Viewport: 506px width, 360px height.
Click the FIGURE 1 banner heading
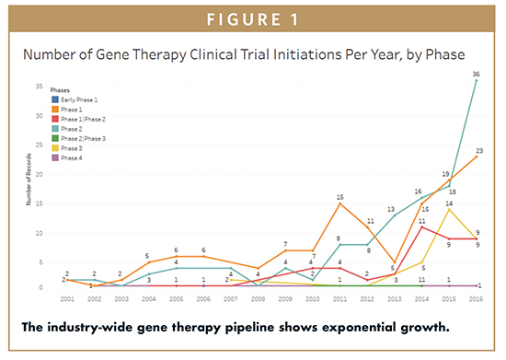pyautogui.click(x=253, y=17)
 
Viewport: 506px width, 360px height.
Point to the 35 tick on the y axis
pyautogui.click(x=40, y=87)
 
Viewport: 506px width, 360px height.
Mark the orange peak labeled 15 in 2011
pyautogui.click(x=340, y=197)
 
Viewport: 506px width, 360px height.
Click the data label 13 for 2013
pyautogui.click(x=393, y=209)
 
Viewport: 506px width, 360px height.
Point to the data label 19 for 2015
pyautogui.click(x=446, y=174)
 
